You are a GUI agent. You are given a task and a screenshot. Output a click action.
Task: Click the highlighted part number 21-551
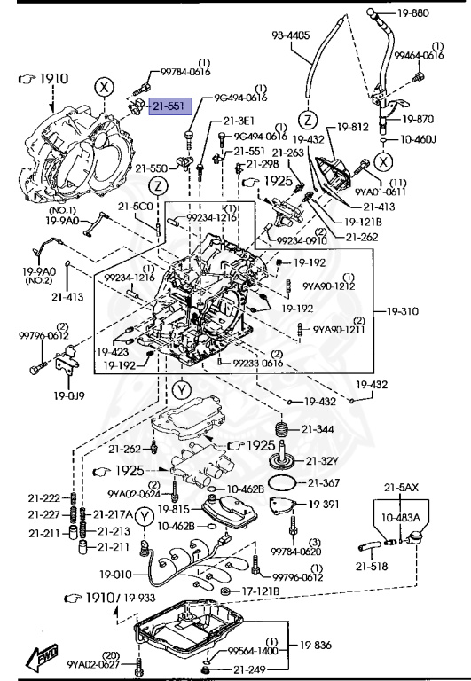(167, 106)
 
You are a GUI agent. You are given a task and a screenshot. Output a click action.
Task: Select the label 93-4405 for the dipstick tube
(290, 36)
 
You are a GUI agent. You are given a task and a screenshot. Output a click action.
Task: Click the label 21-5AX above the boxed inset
(401, 487)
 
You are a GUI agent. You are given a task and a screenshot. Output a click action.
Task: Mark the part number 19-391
(325, 504)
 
